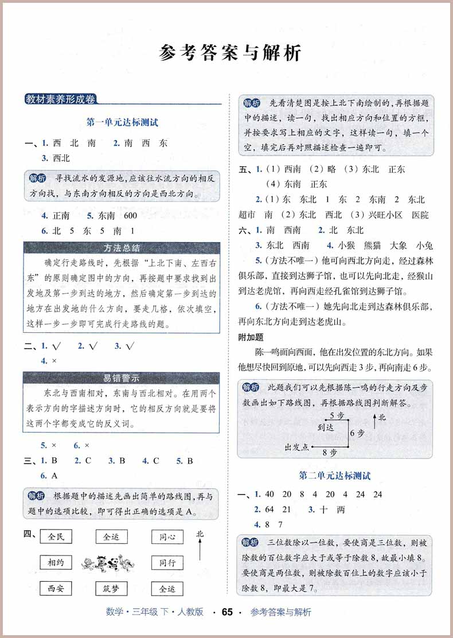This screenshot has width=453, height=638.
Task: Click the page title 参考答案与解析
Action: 229,53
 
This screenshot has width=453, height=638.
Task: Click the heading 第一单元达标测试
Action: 122,122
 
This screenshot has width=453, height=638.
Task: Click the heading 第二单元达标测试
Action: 335,476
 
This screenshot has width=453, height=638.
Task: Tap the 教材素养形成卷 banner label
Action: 60,99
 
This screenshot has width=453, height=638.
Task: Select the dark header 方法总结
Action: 122,248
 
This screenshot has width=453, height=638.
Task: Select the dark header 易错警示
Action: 122,378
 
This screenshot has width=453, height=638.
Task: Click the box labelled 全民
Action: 56,537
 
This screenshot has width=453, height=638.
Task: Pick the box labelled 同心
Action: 167,537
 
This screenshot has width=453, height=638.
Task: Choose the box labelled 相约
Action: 56,563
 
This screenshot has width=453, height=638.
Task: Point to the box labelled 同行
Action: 167,563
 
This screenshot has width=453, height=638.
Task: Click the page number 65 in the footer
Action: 227,612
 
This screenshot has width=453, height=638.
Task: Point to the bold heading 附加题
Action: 251,338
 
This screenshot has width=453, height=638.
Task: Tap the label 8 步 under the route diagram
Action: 330,453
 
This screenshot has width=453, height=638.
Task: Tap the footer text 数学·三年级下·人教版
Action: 155,612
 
